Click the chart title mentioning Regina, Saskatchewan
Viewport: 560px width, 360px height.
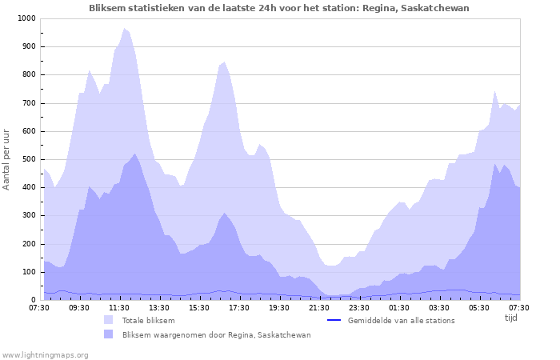pos(279,8)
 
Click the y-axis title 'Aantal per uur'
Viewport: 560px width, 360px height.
pos(7,158)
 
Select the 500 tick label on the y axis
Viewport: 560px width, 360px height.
pos(28,159)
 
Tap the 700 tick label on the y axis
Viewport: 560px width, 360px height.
pos(28,103)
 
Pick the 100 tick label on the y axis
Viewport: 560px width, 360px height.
pos(28,272)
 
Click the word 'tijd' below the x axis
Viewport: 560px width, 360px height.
pos(510,318)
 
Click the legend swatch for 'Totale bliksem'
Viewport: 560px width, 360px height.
pos(109,320)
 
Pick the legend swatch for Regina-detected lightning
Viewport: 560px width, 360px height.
pos(109,334)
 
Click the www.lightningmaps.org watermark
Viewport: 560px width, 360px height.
pos(45,354)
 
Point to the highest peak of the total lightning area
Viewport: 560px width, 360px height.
pos(124,28)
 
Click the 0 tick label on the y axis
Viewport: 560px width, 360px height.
pos(33,300)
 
